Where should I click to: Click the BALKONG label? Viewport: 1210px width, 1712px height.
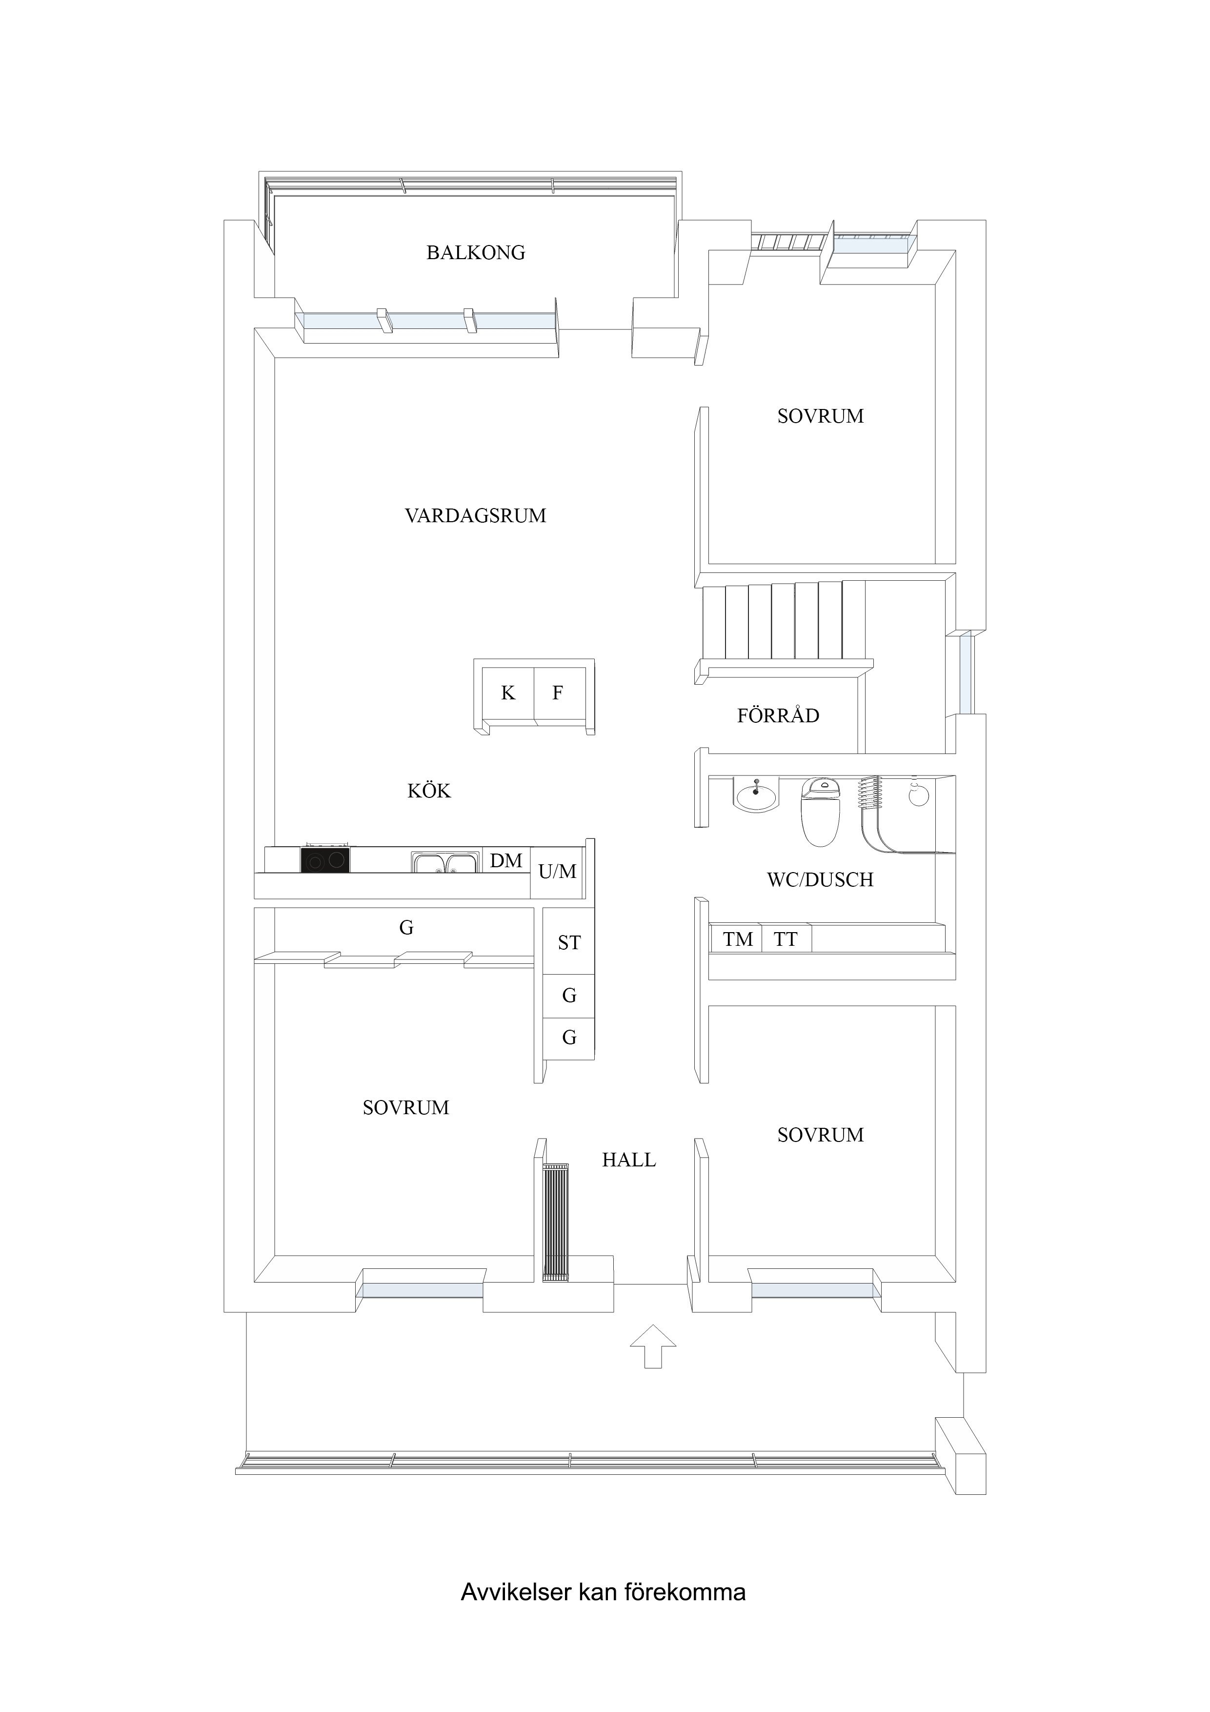tap(476, 253)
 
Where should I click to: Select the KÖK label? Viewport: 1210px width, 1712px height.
tap(429, 791)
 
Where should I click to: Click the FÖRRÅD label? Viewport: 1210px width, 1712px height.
tap(778, 716)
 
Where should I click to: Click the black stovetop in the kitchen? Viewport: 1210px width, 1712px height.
tap(325, 860)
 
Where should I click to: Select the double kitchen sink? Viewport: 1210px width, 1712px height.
tap(445, 863)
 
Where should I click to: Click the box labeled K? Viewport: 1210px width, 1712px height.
tap(508, 693)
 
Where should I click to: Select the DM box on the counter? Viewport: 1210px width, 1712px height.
tap(506, 861)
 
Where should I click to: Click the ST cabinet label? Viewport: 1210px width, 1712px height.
tap(569, 943)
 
